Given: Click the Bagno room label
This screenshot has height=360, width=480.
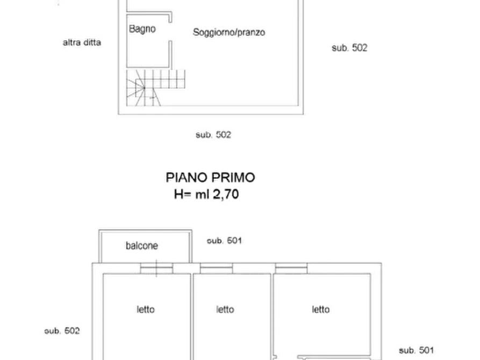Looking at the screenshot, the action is click(x=142, y=29).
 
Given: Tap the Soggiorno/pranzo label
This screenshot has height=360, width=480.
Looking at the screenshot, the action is click(x=229, y=32).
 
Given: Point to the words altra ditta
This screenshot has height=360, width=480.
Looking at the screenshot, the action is click(x=82, y=42).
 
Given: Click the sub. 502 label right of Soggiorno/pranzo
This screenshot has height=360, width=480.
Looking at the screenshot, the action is click(x=349, y=48).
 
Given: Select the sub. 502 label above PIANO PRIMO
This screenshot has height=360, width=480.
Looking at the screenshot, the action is click(x=213, y=135).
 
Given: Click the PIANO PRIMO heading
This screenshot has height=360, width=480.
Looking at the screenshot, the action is click(x=210, y=177).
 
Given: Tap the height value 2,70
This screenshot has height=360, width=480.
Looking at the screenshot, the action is click(x=226, y=194).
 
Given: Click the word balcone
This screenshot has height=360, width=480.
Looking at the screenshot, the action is click(x=142, y=246).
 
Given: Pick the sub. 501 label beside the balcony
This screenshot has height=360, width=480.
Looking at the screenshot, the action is click(x=224, y=241).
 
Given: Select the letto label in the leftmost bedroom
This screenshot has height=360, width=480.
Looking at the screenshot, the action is click(x=146, y=309).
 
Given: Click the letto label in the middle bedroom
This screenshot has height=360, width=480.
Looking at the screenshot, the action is click(x=225, y=309).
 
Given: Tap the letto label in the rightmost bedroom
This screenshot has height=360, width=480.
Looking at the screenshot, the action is click(x=321, y=309).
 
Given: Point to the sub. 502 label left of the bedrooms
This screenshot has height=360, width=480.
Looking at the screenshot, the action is click(x=62, y=331).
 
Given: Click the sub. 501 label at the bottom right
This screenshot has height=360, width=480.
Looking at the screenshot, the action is click(x=417, y=350).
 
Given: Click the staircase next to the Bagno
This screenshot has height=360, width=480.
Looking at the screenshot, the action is click(x=155, y=88).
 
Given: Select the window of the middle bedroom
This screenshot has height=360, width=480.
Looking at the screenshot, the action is click(x=216, y=268).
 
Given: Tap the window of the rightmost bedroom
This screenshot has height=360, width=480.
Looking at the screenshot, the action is click(x=291, y=268).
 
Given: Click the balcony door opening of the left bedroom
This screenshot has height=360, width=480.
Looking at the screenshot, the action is click(x=156, y=268).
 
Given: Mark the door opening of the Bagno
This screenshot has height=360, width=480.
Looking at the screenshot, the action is click(x=170, y=32).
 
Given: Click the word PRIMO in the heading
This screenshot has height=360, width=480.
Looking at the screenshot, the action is click(x=233, y=177).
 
